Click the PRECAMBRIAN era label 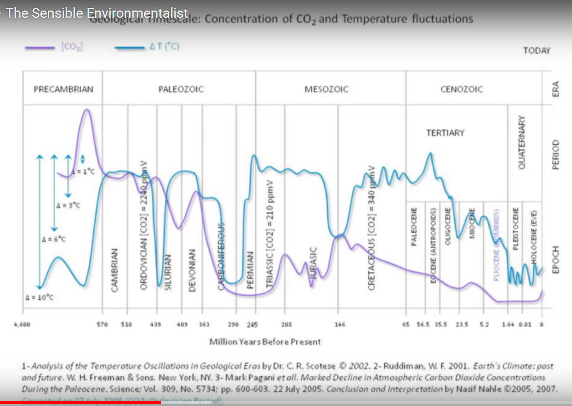[x=63, y=89]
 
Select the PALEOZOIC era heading [x=181, y=89]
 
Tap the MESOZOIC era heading [x=326, y=89]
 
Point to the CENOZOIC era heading [x=461, y=89]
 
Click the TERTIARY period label [x=445, y=133]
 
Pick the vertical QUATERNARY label [x=522, y=142]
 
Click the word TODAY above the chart [x=536, y=50]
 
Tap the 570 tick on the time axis [x=102, y=324]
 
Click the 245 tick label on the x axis [x=252, y=324]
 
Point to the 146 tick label [x=340, y=324]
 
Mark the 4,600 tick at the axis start [x=22, y=324]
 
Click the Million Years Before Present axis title [x=265, y=342]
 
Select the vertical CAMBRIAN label [x=115, y=270]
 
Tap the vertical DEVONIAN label [x=192, y=270]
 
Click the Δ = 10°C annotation [x=39, y=298]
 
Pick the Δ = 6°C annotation [x=54, y=239]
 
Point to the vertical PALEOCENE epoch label [x=414, y=227]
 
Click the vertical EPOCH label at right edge [x=556, y=259]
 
